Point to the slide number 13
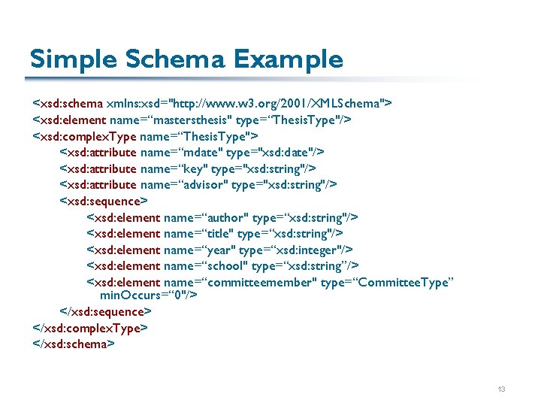point(501,389)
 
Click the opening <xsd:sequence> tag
point(104,201)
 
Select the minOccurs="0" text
point(148,295)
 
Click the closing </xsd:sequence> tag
point(106,312)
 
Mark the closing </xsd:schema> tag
point(74,344)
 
